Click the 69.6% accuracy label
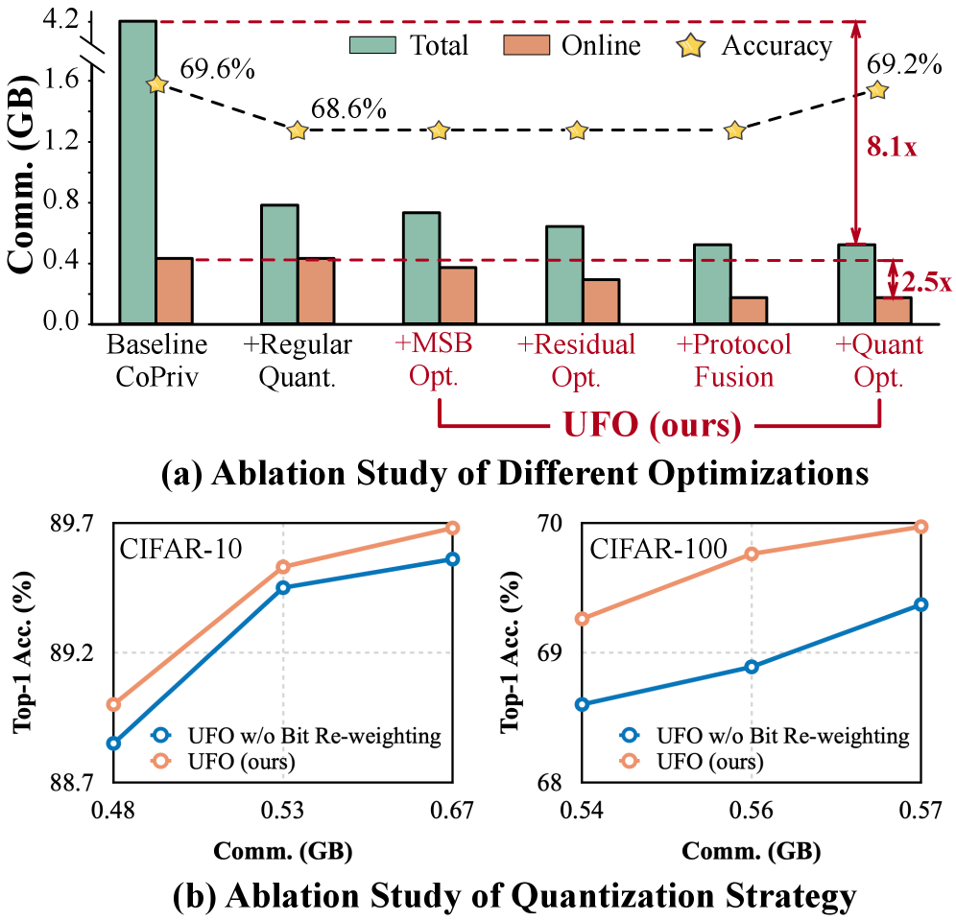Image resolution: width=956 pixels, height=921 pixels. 216,71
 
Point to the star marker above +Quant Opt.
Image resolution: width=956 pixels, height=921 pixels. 876,89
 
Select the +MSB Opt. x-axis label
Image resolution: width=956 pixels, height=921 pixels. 438,358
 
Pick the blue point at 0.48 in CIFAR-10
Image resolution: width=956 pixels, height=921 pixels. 113,743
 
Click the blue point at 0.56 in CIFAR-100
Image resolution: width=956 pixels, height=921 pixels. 752,666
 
